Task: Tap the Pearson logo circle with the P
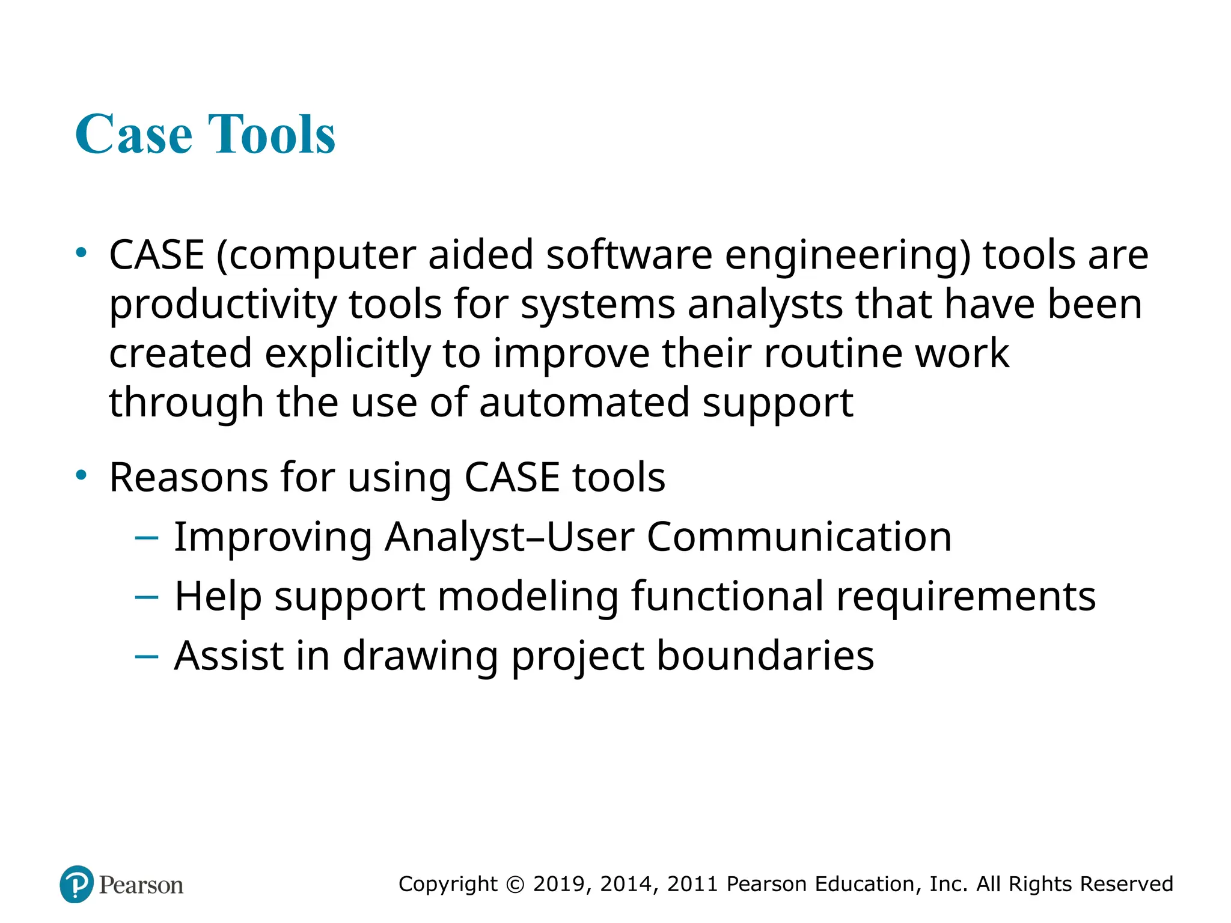(x=77, y=884)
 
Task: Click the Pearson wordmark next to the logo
(x=141, y=885)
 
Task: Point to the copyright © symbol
(x=515, y=885)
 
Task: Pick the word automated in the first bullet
(x=584, y=403)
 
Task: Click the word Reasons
(x=188, y=478)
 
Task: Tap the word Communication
(x=799, y=537)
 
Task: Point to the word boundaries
(x=765, y=656)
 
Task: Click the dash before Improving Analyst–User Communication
(x=147, y=538)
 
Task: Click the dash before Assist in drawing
(x=147, y=657)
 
